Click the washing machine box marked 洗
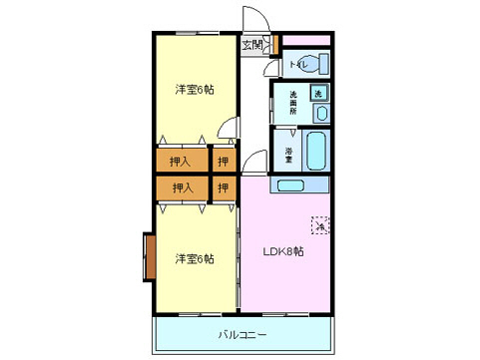pos(318,93)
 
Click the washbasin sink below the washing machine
pos(318,113)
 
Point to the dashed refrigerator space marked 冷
pos(320,226)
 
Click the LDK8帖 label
pos(283,250)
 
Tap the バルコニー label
pos(241,334)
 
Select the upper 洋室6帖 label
pos(195,90)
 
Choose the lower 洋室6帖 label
pos(195,259)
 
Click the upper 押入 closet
pos(181,159)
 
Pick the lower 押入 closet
pos(181,187)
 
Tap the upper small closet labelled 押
pos(224,159)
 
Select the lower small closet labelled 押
pos(224,187)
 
